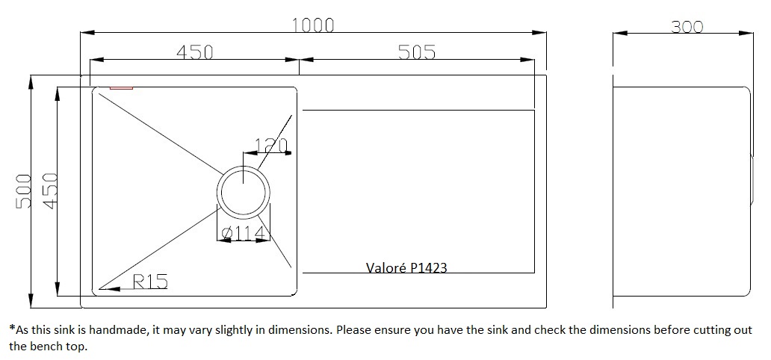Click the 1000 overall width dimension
point(313,25)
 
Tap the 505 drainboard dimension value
point(417,52)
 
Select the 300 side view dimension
point(687,27)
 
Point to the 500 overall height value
point(24,190)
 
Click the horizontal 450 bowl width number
point(195,52)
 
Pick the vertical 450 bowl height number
point(50,190)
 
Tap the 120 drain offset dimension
point(271,146)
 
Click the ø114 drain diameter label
point(244,234)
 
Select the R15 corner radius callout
point(150,282)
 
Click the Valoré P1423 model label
point(406,267)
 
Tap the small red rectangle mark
point(121,88)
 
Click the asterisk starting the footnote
point(12,328)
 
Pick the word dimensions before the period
point(300,329)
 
